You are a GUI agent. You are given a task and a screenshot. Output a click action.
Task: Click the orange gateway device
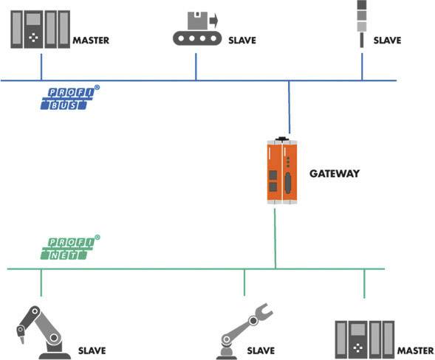pyautogui.click(x=281, y=172)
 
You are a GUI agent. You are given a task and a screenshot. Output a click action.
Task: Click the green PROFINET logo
pyautogui.click(x=69, y=248)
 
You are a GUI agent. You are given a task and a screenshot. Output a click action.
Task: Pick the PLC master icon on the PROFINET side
pyautogui.click(x=365, y=339)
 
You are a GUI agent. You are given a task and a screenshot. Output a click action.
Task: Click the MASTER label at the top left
pyautogui.click(x=91, y=41)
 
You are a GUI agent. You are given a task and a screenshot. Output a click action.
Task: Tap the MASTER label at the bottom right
pyautogui.click(x=415, y=350)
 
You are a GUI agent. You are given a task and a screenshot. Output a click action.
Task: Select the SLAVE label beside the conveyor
pyautogui.click(x=242, y=41)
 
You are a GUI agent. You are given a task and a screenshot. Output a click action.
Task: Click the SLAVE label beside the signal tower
pyautogui.click(x=387, y=41)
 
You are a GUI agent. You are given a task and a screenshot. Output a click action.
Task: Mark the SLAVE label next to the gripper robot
pyautogui.click(x=260, y=350)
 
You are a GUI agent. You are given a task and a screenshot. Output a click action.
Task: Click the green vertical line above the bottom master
pyautogui.click(x=364, y=283)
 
